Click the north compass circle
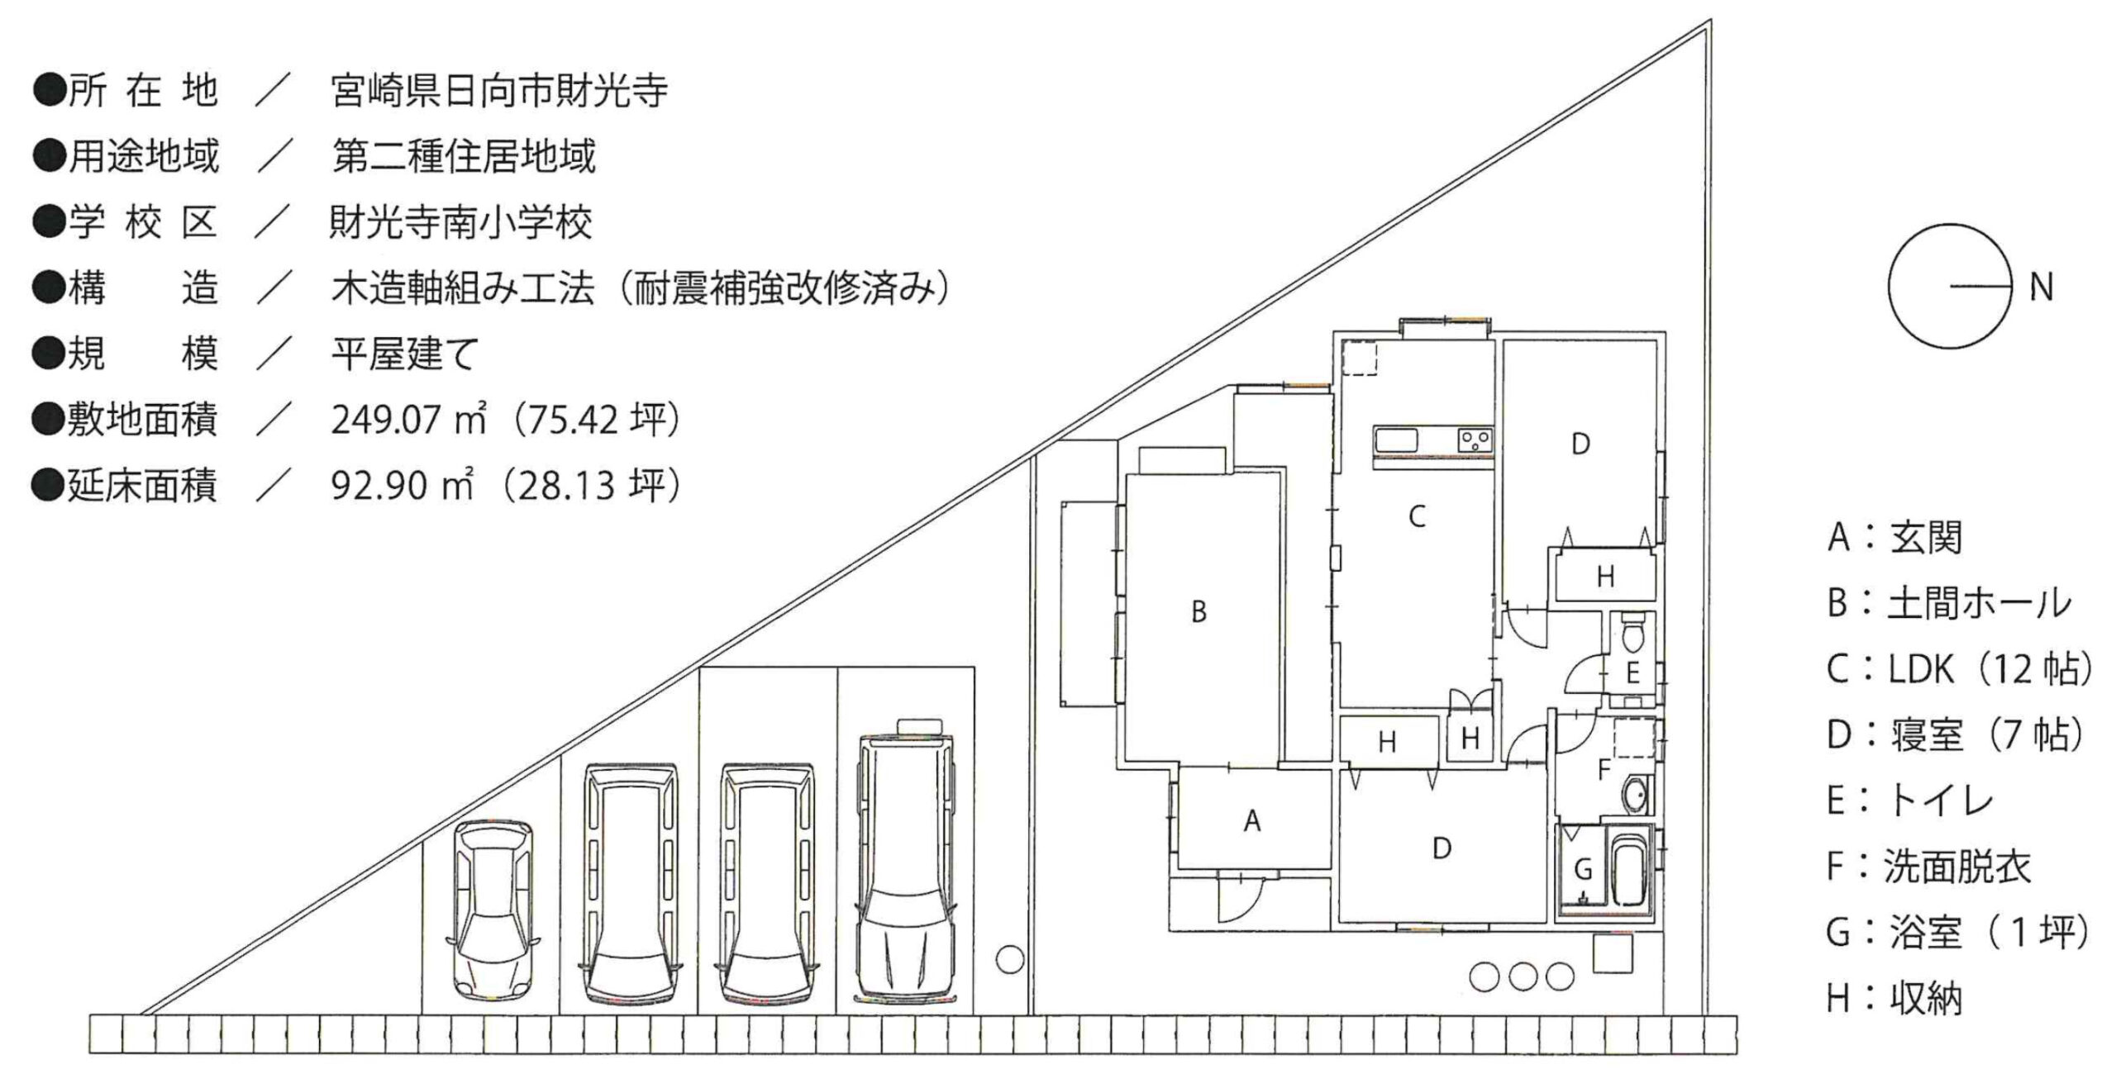click(x=1949, y=287)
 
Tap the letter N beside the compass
click(x=2041, y=287)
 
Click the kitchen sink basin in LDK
click(x=1397, y=439)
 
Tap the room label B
click(x=1199, y=612)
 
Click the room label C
click(x=1417, y=517)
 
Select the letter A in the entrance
click(x=1252, y=821)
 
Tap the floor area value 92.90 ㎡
click(x=403, y=487)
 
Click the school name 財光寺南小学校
click(x=460, y=223)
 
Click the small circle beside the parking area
click(x=1009, y=960)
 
